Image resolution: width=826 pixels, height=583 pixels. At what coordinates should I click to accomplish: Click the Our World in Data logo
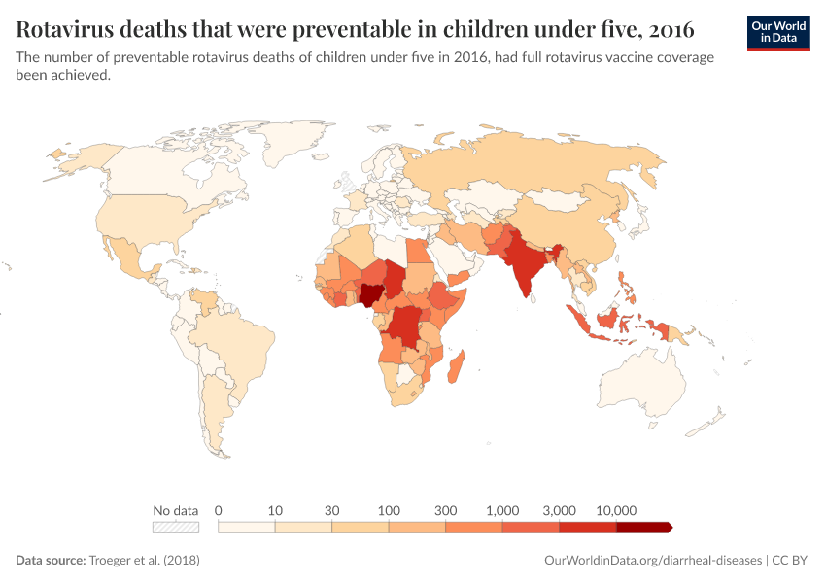click(x=777, y=32)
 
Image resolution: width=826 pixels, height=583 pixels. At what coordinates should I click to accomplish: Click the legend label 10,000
click(x=616, y=510)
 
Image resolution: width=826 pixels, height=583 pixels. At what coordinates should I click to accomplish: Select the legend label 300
click(x=446, y=510)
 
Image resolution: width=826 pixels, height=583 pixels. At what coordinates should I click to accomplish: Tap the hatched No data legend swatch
click(x=176, y=528)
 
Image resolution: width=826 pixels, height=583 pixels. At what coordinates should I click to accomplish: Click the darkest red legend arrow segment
click(x=643, y=528)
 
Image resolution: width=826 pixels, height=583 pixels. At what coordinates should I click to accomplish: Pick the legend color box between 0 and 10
click(x=247, y=528)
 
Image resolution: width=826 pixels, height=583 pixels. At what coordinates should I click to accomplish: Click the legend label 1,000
click(x=502, y=510)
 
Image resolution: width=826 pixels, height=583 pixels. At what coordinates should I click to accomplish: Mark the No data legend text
click(x=176, y=510)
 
